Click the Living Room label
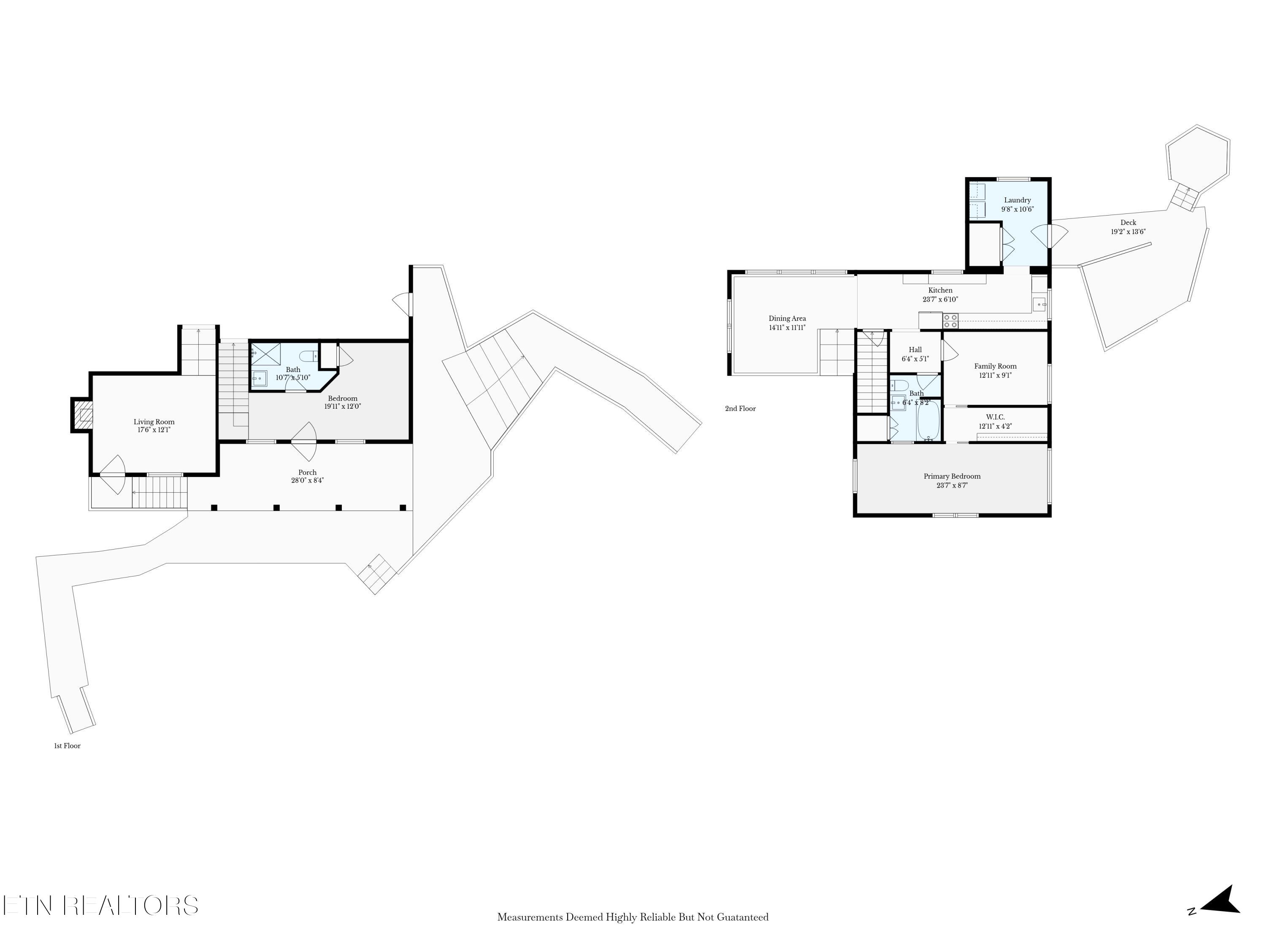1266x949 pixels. coord(154,422)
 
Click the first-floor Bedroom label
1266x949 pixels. coord(342,398)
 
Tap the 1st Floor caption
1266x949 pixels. coord(67,746)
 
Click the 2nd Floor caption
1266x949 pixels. coord(740,408)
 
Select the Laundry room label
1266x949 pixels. coord(1017,200)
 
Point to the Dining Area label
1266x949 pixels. coord(787,318)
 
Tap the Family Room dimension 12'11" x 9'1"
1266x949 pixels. coord(995,376)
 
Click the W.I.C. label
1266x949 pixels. coord(995,417)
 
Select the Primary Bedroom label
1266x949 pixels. coord(952,476)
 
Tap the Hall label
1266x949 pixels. coord(915,350)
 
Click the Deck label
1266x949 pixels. coord(1128,223)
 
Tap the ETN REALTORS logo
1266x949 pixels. coord(101,906)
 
